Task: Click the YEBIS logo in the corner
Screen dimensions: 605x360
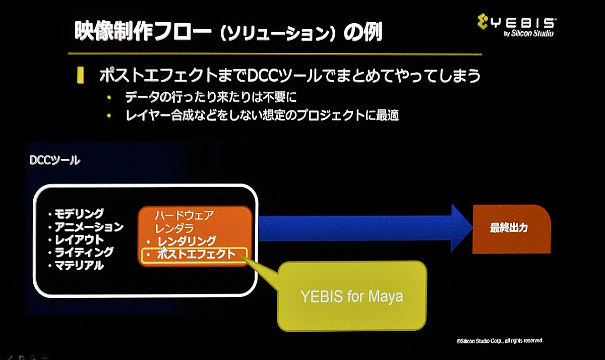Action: click(x=516, y=25)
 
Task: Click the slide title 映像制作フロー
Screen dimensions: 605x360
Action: click(x=143, y=31)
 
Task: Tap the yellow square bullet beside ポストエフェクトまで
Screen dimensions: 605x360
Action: click(x=81, y=75)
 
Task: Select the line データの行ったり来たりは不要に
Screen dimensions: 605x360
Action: click(x=211, y=97)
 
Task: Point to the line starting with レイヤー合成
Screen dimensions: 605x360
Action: click(x=262, y=115)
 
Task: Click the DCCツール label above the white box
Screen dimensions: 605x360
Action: click(x=55, y=160)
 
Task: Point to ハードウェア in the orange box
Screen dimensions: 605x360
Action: click(x=184, y=215)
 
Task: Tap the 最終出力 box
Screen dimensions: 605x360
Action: click(x=512, y=229)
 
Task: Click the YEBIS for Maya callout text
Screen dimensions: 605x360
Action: click(x=352, y=296)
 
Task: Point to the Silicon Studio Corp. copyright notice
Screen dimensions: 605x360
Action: click(x=500, y=341)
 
